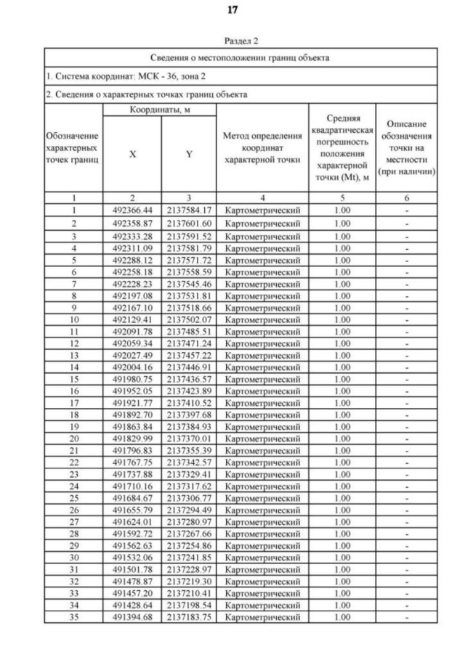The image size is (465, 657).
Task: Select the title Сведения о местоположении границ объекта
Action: pos(241,57)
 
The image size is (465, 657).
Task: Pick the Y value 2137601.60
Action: pos(187,223)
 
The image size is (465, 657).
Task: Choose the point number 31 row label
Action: pos(72,570)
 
